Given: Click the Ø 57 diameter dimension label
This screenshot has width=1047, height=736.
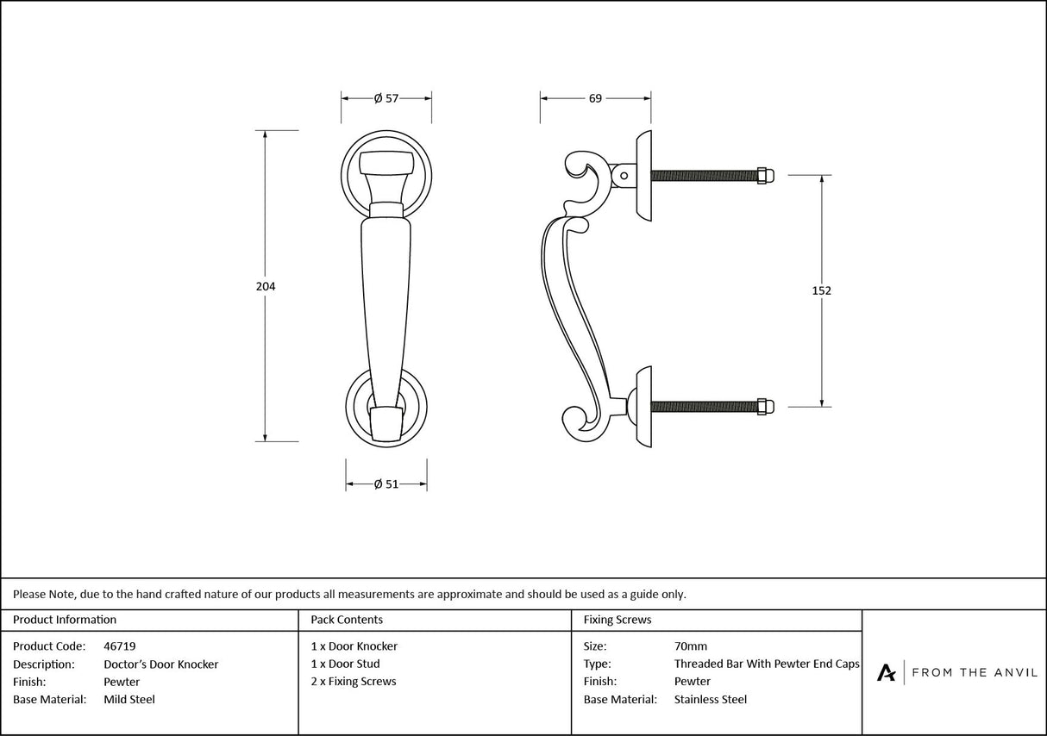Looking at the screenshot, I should (386, 98).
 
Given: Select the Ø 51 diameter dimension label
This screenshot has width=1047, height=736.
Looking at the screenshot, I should (386, 484).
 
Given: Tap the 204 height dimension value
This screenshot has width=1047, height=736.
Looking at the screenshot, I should (266, 286).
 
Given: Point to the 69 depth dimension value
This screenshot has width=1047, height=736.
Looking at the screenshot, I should (595, 98).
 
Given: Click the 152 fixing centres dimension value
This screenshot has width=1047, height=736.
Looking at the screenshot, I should (822, 290).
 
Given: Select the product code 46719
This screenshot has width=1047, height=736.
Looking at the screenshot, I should (119, 646).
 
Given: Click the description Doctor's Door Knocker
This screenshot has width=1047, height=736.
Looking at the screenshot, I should (160, 664).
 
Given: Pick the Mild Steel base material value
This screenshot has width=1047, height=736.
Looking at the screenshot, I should (129, 699).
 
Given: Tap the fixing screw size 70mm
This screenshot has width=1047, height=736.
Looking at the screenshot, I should (690, 646).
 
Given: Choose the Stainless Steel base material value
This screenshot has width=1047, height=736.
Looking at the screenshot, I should (710, 699).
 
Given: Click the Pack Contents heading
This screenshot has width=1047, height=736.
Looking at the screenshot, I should (347, 619).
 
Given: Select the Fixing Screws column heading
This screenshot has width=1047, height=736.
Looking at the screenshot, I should (618, 619).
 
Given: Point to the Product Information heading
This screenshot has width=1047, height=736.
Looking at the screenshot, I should (65, 619).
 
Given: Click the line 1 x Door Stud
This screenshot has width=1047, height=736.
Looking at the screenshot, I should (345, 664).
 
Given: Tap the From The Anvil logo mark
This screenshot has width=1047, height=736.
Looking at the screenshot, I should (886, 672).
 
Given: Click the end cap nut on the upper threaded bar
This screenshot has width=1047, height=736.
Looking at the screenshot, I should (765, 175).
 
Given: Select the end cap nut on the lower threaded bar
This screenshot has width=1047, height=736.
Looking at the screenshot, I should (765, 405).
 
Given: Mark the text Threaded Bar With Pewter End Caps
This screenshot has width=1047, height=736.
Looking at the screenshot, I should (767, 664).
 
